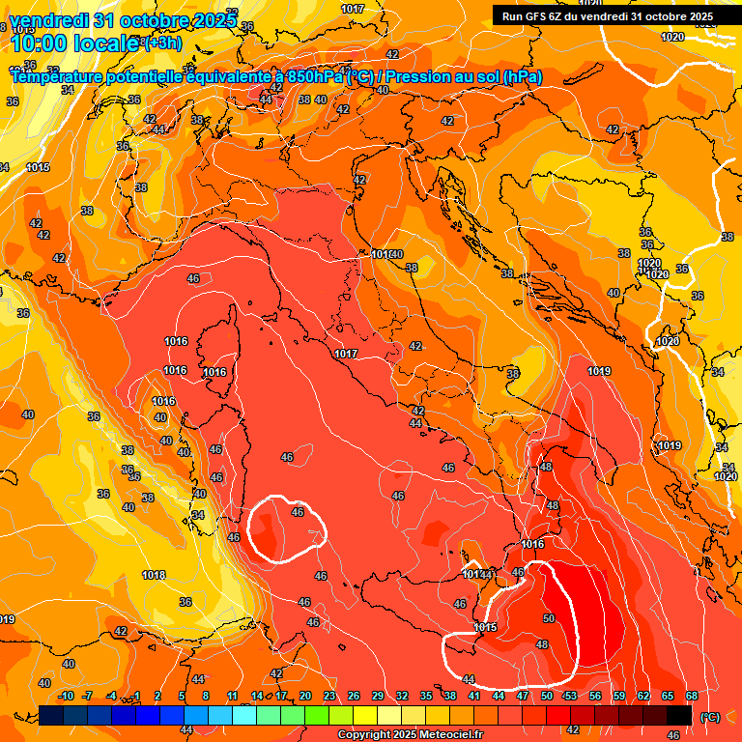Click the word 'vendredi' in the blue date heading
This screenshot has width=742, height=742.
44,19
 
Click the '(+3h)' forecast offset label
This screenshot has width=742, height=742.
161,43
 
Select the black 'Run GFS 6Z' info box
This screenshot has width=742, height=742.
607,15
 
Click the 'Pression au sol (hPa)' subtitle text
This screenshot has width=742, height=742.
463,76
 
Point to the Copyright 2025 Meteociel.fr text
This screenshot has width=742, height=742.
411,735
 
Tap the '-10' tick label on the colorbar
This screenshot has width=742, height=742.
66,696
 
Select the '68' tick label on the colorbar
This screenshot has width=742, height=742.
692,696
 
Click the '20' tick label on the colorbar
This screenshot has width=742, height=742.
305,696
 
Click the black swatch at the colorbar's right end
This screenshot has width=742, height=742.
679,715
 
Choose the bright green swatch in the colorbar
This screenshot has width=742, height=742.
317,715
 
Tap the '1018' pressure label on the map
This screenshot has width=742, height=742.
154,575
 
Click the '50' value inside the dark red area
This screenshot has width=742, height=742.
549,618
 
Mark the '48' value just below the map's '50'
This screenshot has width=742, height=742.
542,644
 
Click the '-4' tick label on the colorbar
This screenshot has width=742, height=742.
111,696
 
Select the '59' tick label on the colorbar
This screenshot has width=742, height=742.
619,696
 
